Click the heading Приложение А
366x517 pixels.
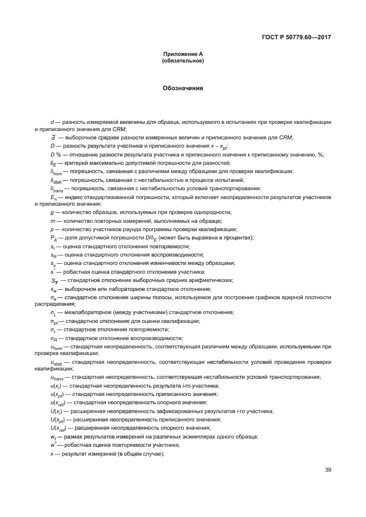(x=183, y=54)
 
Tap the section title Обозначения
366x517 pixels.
(x=183, y=88)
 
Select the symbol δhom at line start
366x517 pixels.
(x=55, y=172)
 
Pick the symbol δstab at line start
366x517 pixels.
(x=55, y=180)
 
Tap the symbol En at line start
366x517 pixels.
(x=53, y=197)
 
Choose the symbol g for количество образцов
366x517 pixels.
(x=51, y=212)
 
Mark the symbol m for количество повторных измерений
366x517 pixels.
(x=52, y=221)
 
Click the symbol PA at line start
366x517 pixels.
(x=53, y=238)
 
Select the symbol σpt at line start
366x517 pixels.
(x=54, y=321)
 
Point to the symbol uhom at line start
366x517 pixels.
(x=56, y=347)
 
